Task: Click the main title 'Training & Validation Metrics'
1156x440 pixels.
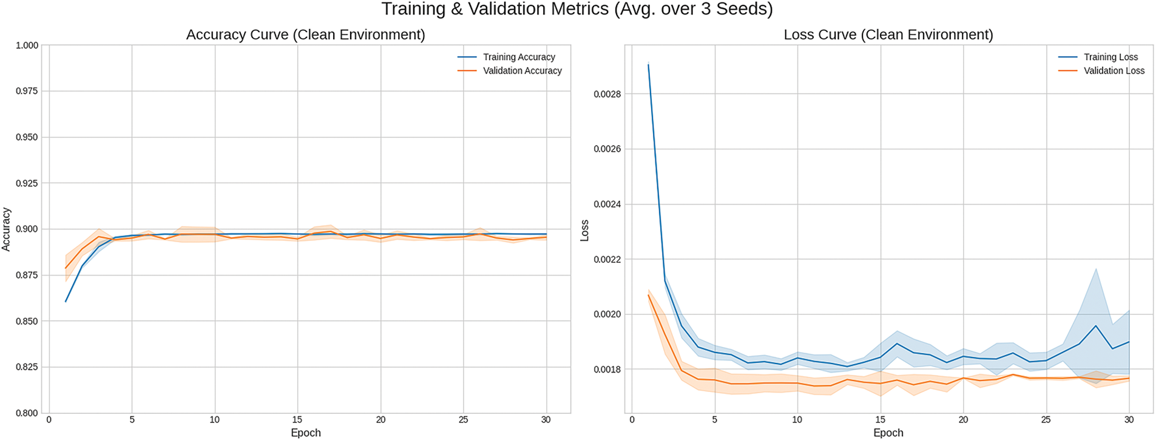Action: coord(576,10)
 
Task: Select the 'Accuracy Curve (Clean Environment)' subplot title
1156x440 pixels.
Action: coord(305,35)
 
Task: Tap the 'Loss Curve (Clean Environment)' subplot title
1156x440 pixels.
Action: coord(888,35)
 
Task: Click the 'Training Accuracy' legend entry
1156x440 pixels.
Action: coord(519,57)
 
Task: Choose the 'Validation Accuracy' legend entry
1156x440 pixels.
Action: coord(522,71)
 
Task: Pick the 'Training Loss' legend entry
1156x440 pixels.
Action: coord(1110,57)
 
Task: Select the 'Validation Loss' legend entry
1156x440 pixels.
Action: coord(1114,71)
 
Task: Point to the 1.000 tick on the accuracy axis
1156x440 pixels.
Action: coord(27,46)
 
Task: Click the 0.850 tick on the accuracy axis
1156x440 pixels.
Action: coord(27,321)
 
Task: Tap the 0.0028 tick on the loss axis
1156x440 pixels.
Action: coord(606,94)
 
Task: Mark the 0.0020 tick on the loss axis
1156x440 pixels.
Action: coord(606,314)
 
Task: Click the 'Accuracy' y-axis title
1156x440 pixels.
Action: coord(7,229)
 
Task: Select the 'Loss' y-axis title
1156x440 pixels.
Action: coord(584,231)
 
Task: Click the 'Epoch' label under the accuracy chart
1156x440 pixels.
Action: coord(305,433)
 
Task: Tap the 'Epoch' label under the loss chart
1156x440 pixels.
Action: coord(888,433)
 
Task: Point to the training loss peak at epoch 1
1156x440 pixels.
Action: coord(649,64)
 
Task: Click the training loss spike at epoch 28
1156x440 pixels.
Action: coord(1096,326)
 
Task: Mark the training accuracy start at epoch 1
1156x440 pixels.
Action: coord(66,302)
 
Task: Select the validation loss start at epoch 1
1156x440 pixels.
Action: coord(649,295)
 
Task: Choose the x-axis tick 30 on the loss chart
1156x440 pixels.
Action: coord(1129,419)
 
